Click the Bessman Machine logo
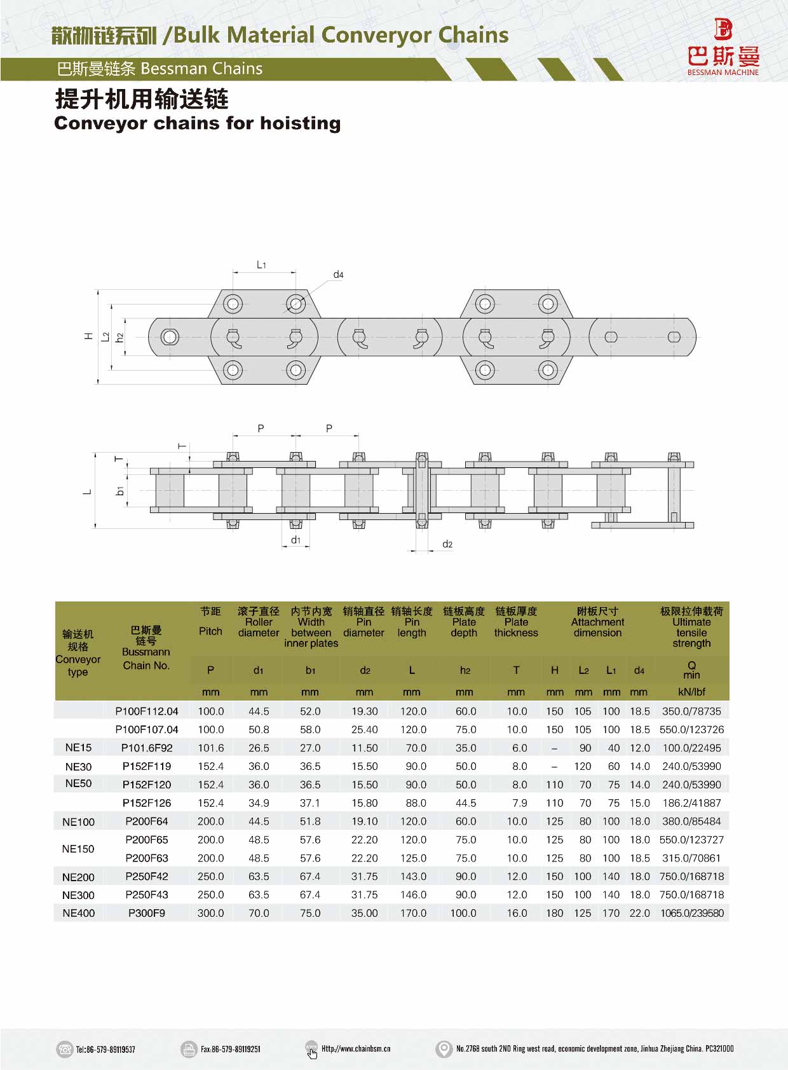pyautogui.click(x=723, y=47)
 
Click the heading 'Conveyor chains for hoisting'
pyautogui.click(x=197, y=123)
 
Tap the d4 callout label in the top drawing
pyautogui.click(x=338, y=275)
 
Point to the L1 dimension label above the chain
pyautogui.click(x=261, y=264)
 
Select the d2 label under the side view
pyautogui.click(x=447, y=544)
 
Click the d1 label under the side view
pyautogui.click(x=296, y=540)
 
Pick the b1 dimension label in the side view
pyautogui.click(x=120, y=491)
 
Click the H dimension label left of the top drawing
pyautogui.click(x=88, y=336)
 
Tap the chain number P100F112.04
pyautogui.click(x=147, y=711)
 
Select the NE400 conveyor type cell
pyautogui.click(x=78, y=914)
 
